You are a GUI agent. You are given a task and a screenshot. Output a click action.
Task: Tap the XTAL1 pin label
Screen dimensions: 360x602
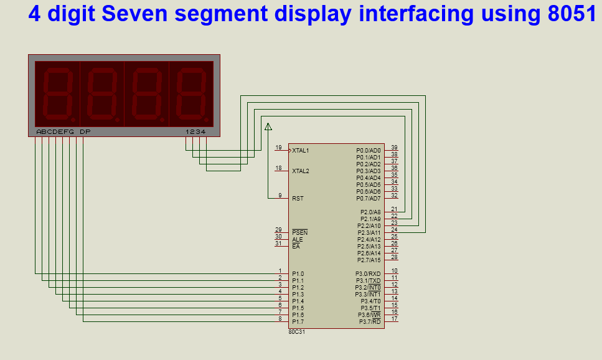click(301, 151)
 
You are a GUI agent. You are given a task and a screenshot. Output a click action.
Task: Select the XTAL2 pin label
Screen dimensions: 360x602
click(301, 171)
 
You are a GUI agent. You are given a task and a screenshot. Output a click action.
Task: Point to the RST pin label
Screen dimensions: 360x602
click(298, 199)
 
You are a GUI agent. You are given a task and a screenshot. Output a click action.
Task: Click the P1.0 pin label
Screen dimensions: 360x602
click(298, 274)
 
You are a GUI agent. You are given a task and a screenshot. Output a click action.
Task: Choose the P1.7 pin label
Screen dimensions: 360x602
click(298, 322)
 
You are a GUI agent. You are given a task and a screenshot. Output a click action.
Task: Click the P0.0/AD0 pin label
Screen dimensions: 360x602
click(368, 151)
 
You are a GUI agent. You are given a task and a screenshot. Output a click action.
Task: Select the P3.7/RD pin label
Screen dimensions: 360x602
click(369, 322)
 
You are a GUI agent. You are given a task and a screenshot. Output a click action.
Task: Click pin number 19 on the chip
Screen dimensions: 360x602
click(278, 148)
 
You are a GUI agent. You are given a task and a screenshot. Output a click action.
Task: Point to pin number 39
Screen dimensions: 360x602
click(394, 148)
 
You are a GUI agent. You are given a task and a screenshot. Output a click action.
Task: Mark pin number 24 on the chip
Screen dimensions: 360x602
click(394, 230)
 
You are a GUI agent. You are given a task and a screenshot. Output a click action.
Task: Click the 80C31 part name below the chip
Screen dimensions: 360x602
click(296, 332)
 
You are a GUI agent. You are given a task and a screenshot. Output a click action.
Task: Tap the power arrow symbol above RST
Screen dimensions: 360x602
click(268, 127)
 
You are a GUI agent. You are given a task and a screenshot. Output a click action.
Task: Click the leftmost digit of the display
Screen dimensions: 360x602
click(57, 94)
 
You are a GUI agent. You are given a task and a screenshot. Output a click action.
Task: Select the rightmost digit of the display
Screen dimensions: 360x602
click(191, 94)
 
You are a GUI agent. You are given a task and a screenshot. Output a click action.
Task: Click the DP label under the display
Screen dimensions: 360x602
click(85, 132)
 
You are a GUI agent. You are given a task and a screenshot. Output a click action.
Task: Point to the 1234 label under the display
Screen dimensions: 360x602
click(195, 132)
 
